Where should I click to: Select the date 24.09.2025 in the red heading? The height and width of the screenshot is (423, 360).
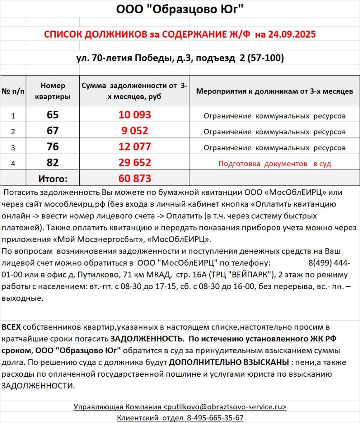pyautogui.click(x=291, y=34)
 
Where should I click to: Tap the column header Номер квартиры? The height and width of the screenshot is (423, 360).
pyautogui.click(x=53, y=91)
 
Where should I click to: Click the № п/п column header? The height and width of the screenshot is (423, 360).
pyautogui.click(x=13, y=91)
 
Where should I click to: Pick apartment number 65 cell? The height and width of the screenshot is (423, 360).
pyautogui.click(x=53, y=115)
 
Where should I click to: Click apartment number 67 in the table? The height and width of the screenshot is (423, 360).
pyautogui.click(x=53, y=131)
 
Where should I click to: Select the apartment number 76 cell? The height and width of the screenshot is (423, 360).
pyautogui.click(x=53, y=147)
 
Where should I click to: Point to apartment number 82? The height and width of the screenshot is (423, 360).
pyautogui.click(x=53, y=163)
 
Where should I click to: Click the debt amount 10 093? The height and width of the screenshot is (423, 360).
pyautogui.click(x=135, y=115)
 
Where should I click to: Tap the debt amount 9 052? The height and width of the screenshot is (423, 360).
pyautogui.click(x=135, y=131)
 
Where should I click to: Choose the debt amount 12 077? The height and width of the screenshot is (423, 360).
pyautogui.click(x=135, y=147)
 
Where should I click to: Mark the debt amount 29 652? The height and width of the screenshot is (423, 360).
pyautogui.click(x=135, y=163)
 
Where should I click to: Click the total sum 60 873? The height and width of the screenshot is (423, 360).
pyautogui.click(x=135, y=178)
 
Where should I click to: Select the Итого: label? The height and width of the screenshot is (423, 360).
pyautogui.click(x=53, y=178)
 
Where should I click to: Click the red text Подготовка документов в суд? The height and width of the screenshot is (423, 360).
pyautogui.click(x=275, y=164)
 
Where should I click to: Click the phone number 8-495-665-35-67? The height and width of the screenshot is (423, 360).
pyautogui.click(x=215, y=418)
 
